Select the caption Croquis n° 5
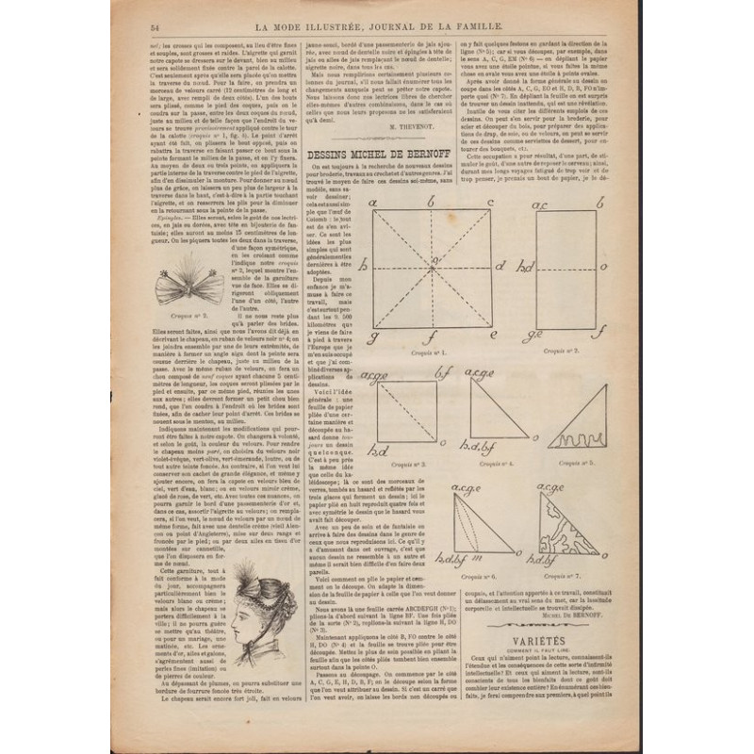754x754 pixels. [x=575, y=463]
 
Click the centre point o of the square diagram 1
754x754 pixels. [x=433, y=268]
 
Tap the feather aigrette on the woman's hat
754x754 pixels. [x=256, y=575]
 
